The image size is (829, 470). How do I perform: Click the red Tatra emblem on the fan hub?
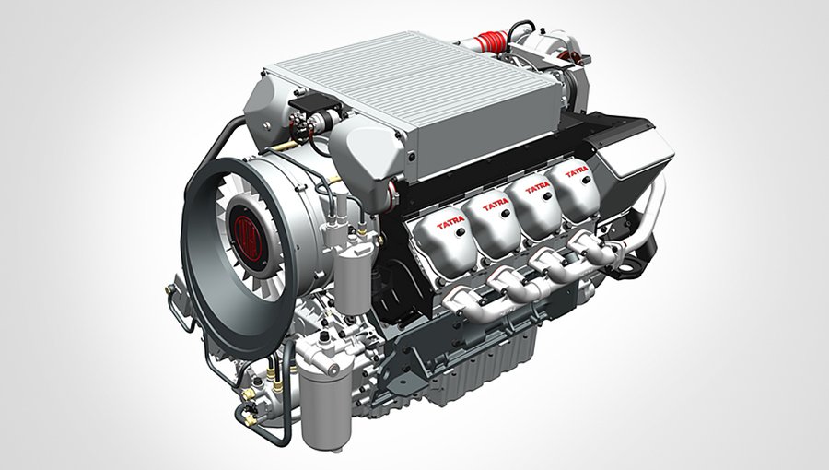248,238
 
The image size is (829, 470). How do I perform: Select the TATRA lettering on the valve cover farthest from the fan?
577,171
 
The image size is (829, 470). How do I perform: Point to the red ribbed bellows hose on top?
491,41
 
